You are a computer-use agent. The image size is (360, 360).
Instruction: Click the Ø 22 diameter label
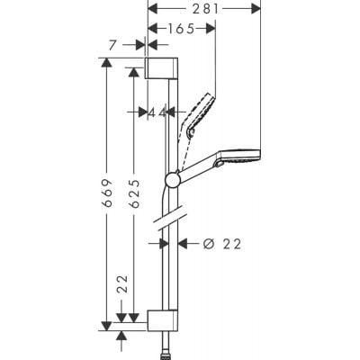pos(222,243)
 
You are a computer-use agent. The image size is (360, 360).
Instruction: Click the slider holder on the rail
pos(173,179)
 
